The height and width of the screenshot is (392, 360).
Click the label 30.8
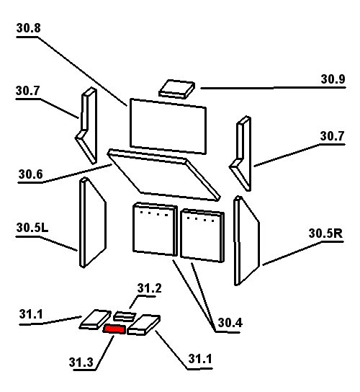pyautogui.click(x=28, y=28)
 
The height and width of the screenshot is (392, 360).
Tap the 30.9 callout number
pyautogui.click(x=333, y=79)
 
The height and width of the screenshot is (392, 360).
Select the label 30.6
pyautogui.click(x=30, y=174)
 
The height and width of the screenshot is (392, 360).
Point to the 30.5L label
pyautogui.click(x=32, y=228)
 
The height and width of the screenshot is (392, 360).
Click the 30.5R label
pyautogui.click(x=325, y=233)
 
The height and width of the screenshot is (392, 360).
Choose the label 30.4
pyautogui.click(x=230, y=323)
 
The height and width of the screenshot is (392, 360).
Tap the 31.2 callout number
pyautogui.click(x=149, y=288)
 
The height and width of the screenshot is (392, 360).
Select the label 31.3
pyautogui.click(x=81, y=362)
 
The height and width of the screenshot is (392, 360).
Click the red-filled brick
pyautogui.click(x=114, y=329)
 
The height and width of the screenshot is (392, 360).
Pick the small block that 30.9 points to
pyautogui.click(x=176, y=89)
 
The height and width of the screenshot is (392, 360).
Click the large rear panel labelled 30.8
pyautogui.click(x=168, y=126)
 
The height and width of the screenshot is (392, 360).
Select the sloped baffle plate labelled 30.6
pyautogui.click(x=163, y=175)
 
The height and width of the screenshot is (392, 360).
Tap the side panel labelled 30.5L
pyautogui.click(x=93, y=223)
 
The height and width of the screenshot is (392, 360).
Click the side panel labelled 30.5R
pyautogui.click(x=246, y=241)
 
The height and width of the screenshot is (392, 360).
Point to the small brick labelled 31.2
pyautogui.click(x=124, y=316)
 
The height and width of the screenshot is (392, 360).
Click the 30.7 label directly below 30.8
pyautogui.click(x=27, y=91)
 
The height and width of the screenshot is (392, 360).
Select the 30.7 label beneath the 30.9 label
pyautogui.click(x=332, y=136)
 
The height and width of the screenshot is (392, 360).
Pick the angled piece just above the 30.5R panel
pyautogui.click(x=240, y=153)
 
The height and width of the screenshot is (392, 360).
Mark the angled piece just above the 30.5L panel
pyautogui.click(x=86, y=126)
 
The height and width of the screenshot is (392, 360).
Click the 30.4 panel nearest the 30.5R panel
pyautogui.click(x=202, y=236)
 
